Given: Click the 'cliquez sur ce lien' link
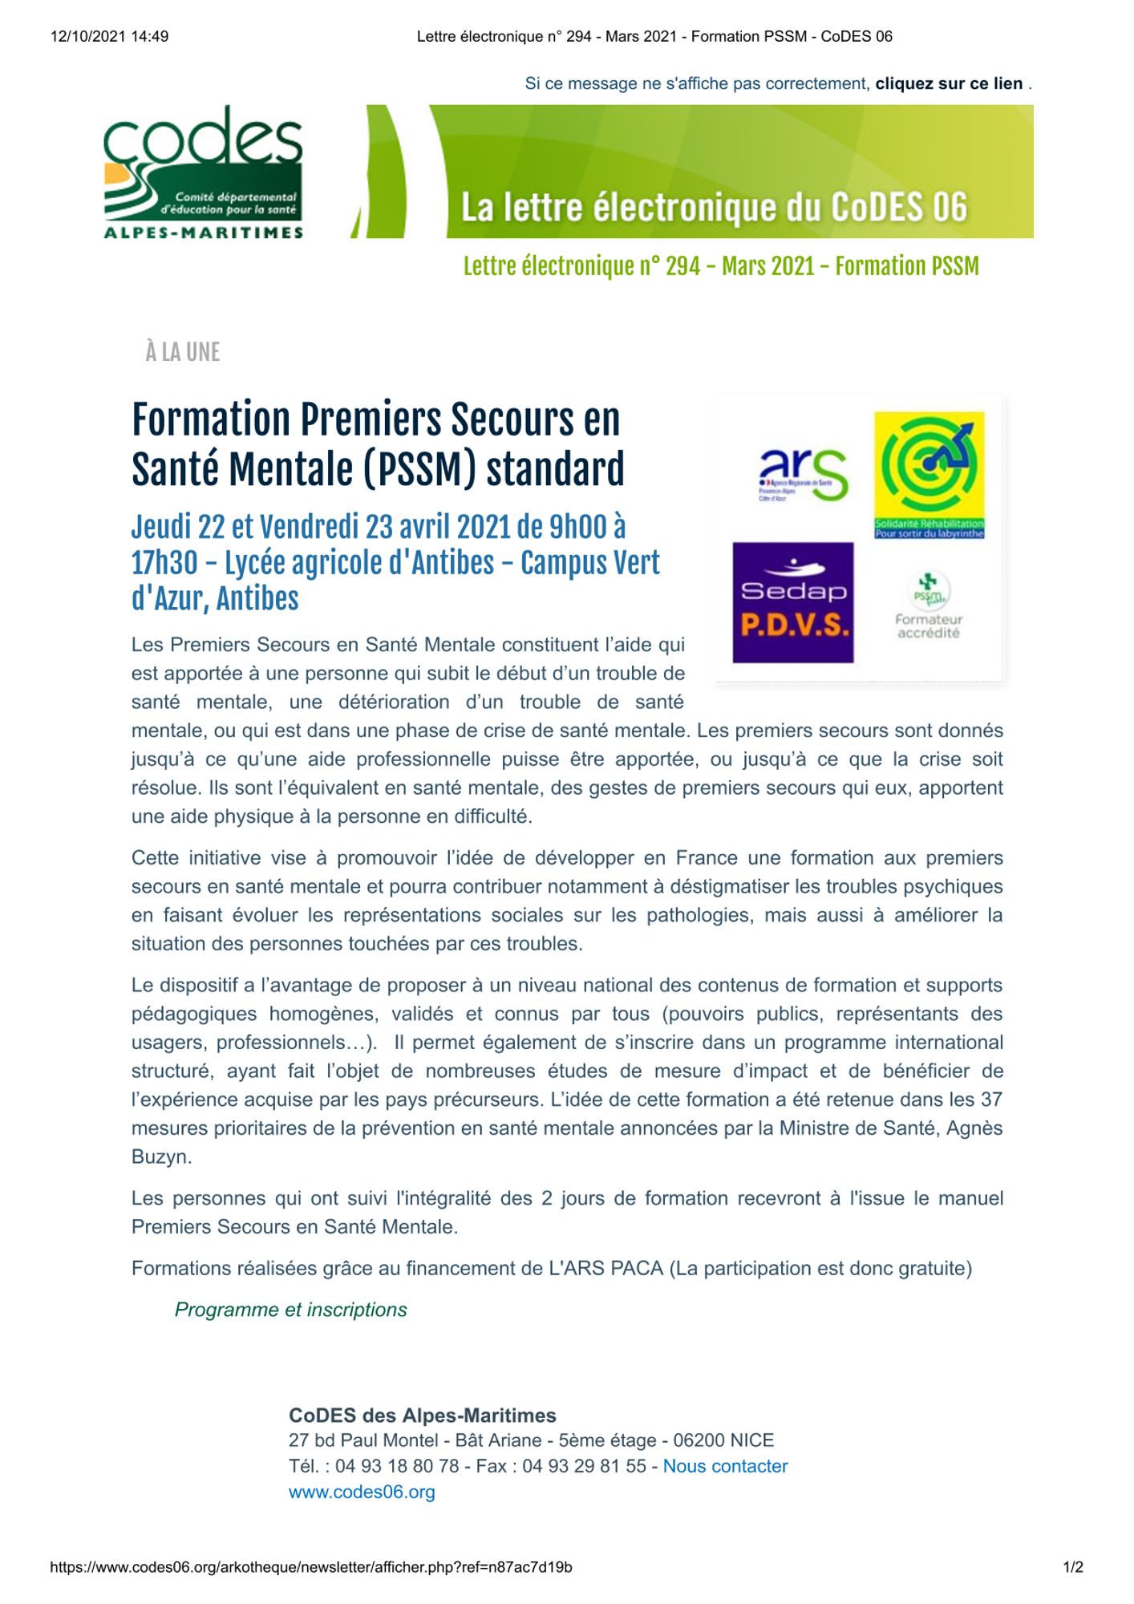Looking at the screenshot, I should click(x=949, y=83).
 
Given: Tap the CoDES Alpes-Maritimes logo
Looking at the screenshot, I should click(x=203, y=172).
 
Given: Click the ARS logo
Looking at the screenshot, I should click(x=802, y=474).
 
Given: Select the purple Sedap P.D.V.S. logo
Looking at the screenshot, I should click(x=792, y=602).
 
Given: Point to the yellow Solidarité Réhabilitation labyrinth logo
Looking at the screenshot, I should click(x=929, y=475).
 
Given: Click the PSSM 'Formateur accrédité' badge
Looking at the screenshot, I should click(x=929, y=606).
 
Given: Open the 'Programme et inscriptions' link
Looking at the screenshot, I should click(x=290, y=1310).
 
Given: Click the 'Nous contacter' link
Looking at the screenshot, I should click(x=725, y=1466).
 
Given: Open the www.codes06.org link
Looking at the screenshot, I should click(x=362, y=1492).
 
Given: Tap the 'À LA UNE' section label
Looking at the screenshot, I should click(x=183, y=352).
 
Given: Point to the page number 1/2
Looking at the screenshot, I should click(x=1073, y=1567).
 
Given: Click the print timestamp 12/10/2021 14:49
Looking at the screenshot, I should click(x=109, y=36).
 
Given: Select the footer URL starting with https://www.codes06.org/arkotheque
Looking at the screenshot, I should click(x=311, y=1567).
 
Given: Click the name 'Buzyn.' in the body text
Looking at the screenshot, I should click(x=162, y=1157).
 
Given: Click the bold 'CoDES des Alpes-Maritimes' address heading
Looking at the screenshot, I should click(x=422, y=1416).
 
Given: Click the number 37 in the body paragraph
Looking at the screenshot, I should click(x=991, y=1100).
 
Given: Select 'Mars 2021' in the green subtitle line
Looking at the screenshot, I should click(x=767, y=266).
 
